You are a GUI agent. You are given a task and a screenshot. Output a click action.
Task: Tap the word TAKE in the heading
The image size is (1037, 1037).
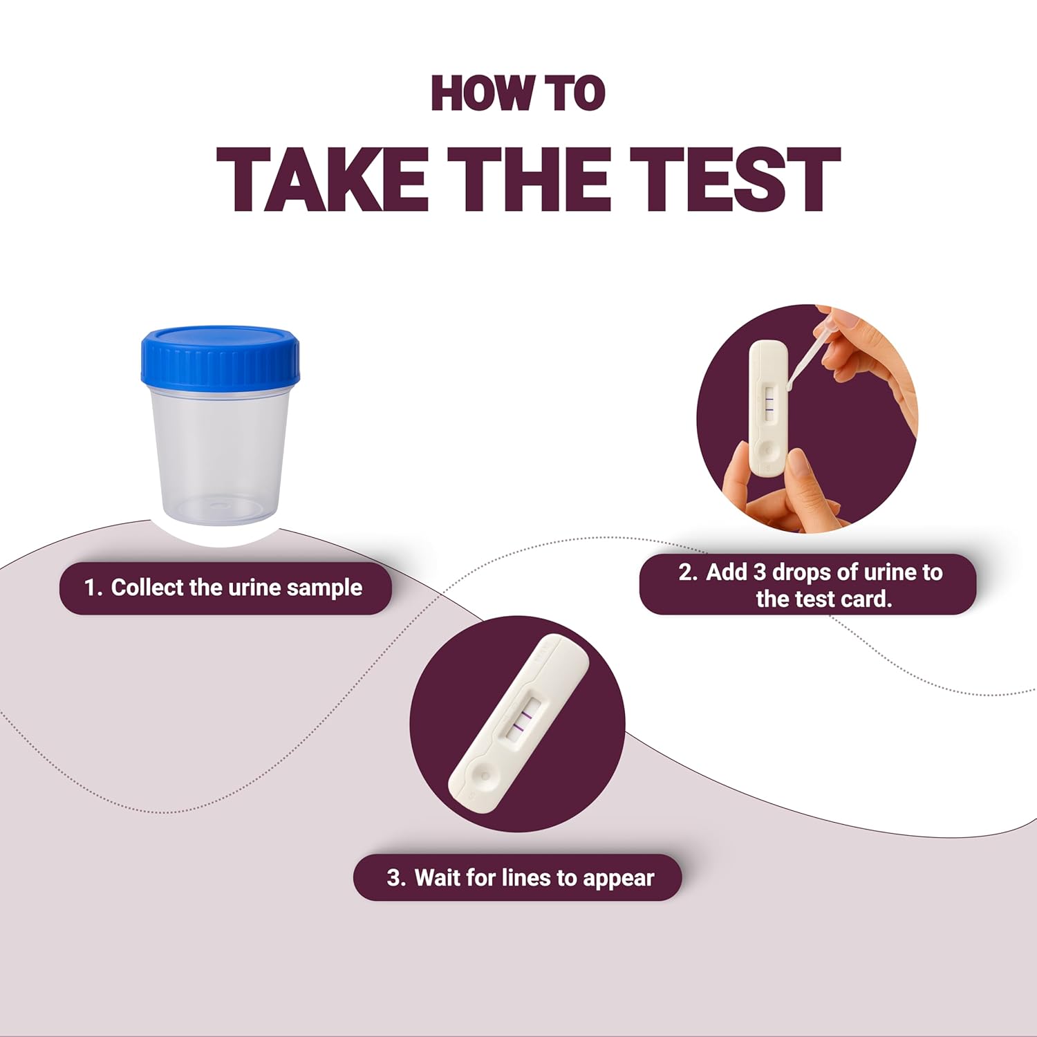click(x=322, y=179)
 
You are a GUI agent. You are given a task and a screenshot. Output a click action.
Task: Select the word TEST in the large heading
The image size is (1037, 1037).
click(x=734, y=179)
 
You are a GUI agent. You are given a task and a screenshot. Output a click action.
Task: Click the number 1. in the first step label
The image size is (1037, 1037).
click(x=93, y=588)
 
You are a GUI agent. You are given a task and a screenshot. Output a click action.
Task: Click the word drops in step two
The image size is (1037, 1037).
click(x=802, y=572)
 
